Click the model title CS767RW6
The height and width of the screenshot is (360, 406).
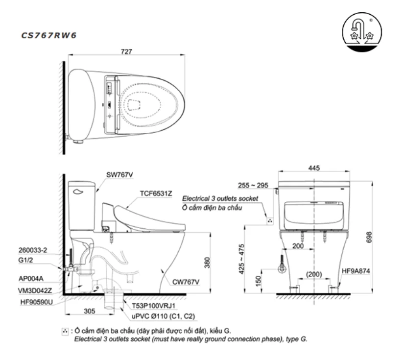coord(48,35)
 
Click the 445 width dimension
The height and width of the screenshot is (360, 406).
coord(314,168)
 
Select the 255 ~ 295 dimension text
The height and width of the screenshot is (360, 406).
coord(253,186)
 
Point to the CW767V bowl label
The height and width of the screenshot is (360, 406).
coord(186,282)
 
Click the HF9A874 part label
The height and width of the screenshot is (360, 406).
coord(356,270)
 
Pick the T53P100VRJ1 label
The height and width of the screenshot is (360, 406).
coord(153,305)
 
